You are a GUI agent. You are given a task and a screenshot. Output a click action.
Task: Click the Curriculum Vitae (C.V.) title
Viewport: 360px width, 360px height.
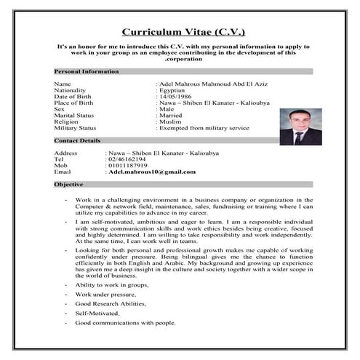(183, 32)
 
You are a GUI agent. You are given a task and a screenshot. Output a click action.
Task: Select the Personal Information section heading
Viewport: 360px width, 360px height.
(87, 72)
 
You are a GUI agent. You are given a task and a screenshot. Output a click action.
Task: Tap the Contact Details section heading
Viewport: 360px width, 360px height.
(77, 140)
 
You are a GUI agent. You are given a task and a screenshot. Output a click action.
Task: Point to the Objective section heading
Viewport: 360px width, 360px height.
(69, 185)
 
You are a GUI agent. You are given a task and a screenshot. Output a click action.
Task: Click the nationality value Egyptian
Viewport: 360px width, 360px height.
(177, 91)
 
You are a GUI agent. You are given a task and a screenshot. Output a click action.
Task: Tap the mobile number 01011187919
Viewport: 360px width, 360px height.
(128, 166)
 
